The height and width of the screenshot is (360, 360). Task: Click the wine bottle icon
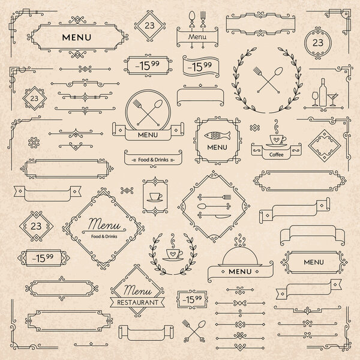[x=322, y=93]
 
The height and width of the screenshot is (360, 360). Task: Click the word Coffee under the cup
[x=276, y=154]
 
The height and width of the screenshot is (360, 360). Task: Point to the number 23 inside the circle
[x=317, y=42]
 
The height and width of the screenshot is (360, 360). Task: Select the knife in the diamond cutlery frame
[x=214, y=215]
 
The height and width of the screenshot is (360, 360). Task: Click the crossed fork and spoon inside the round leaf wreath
[x=266, y=79]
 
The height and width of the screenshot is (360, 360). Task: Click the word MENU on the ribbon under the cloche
[x=240, y=272]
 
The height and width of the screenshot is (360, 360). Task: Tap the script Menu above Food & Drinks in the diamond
[x=103, y=225]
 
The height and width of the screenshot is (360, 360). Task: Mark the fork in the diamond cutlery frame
[x=214, y=196]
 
